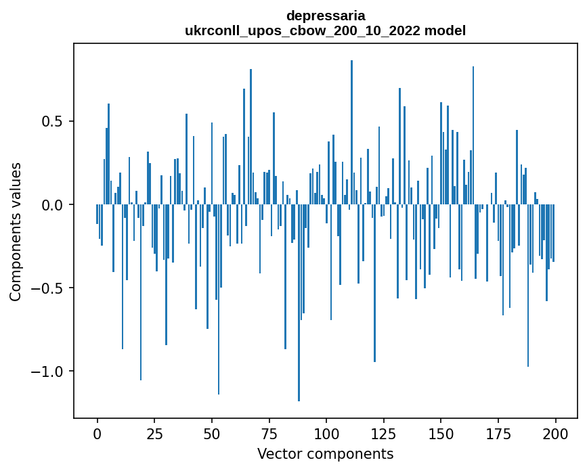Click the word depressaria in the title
click(x=325, y=16)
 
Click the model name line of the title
click(x=325, y=30)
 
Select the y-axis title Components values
click(x=16, y=231)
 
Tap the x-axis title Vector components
click(x=325, y=453)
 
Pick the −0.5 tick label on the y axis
click(x=48, y=288)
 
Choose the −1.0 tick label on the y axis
click(x=48, y=372)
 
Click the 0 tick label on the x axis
click(x=97, y=433)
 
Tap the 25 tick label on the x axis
click(x=154, y=433)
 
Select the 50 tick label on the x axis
click(x=211, y=433)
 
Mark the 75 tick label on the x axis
click(x=269, y=433)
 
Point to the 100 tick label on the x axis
click(x=326, y=433)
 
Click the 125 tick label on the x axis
click(x=383, y=433)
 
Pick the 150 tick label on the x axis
click(x=441, y=433)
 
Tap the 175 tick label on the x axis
click(x=498, y=433)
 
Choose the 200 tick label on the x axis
click(x=555, y=433)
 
